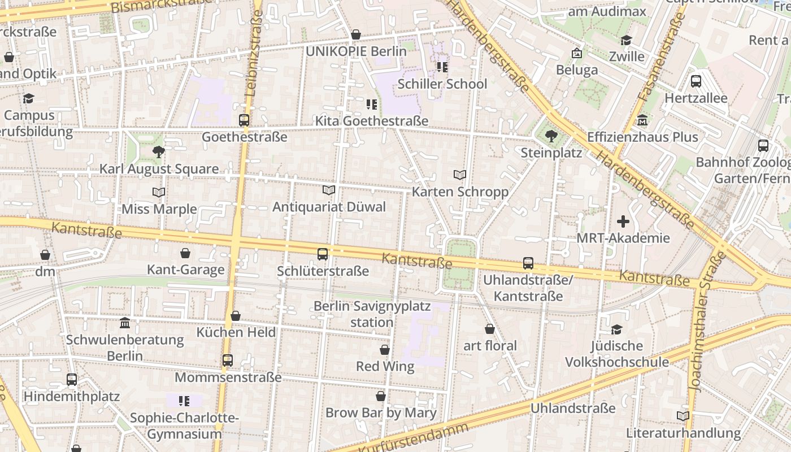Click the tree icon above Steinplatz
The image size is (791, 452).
551,136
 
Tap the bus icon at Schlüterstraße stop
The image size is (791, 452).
323,254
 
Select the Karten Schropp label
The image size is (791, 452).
460,192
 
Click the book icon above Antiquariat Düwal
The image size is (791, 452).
329,190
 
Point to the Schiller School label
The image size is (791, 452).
442,84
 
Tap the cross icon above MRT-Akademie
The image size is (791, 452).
623,221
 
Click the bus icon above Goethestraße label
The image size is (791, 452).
244,120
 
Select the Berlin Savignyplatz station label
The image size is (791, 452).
372,314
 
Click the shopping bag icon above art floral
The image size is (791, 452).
490,329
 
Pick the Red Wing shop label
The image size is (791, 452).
385,366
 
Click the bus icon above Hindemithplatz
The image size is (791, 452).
72,380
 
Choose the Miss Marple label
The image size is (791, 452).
159,209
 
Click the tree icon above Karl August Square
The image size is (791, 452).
159,152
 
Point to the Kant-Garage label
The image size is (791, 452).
185,270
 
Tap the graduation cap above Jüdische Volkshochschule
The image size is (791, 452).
616,329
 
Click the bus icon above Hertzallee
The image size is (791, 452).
696,81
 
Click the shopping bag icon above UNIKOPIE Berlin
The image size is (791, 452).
356,35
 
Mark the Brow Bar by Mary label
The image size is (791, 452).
381,412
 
